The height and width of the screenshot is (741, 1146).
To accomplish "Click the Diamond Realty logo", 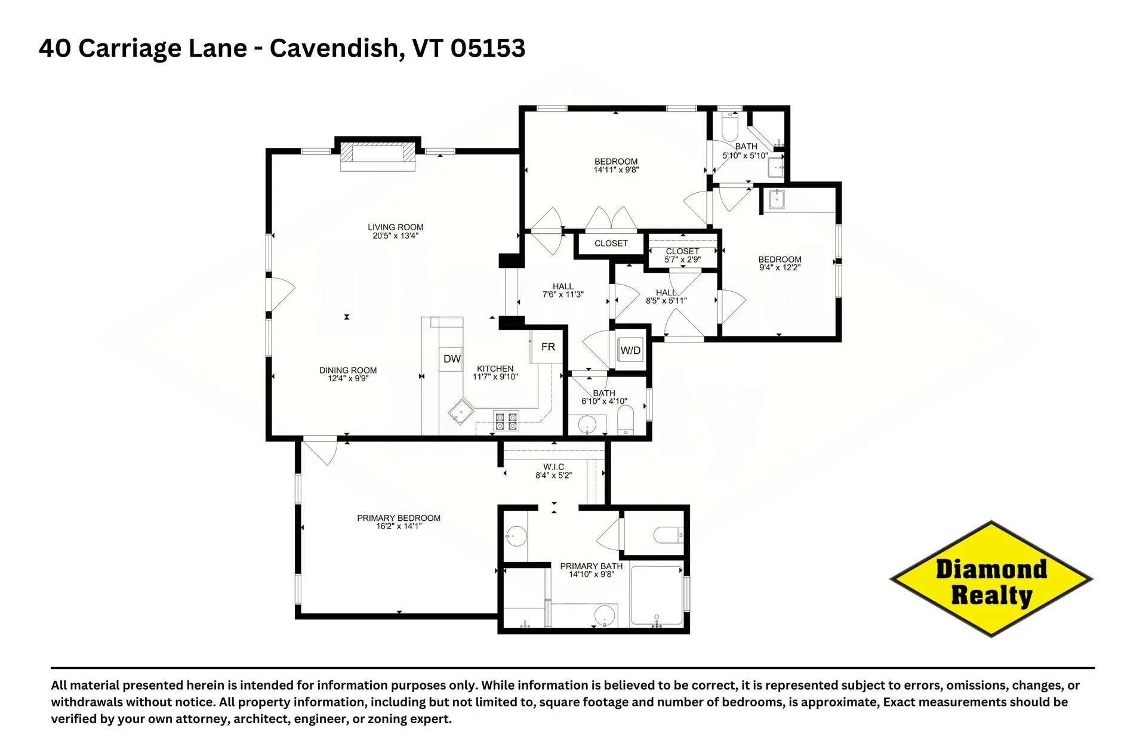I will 991,579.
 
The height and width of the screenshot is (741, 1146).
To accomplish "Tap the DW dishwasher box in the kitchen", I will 452,359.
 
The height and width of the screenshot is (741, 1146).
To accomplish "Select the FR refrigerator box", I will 548,347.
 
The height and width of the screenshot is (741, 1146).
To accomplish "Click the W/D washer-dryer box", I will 630,351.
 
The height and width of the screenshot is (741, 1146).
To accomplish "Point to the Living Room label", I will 395,227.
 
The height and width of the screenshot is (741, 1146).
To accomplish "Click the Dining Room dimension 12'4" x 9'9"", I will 348,378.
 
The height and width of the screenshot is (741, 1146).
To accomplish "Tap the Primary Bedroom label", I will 399,518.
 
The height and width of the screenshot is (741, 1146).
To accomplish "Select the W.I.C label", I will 553,467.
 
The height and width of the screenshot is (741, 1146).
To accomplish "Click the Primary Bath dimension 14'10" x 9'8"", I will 591,574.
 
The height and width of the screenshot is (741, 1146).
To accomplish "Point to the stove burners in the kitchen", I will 506,422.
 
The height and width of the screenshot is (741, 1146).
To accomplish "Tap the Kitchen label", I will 495,369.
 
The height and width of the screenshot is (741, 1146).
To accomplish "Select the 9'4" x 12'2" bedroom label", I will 780,267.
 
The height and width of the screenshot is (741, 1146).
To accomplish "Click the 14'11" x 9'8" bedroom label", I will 616,169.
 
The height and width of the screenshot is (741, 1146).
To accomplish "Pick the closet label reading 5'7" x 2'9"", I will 682,260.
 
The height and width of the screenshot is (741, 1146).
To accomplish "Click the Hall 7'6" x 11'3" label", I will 562,294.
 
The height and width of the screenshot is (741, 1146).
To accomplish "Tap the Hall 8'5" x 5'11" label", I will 666,301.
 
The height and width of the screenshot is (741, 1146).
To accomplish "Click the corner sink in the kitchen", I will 461,412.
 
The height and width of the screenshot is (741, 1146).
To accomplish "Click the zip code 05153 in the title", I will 488,48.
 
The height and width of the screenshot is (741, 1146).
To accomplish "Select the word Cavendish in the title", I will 333,48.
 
